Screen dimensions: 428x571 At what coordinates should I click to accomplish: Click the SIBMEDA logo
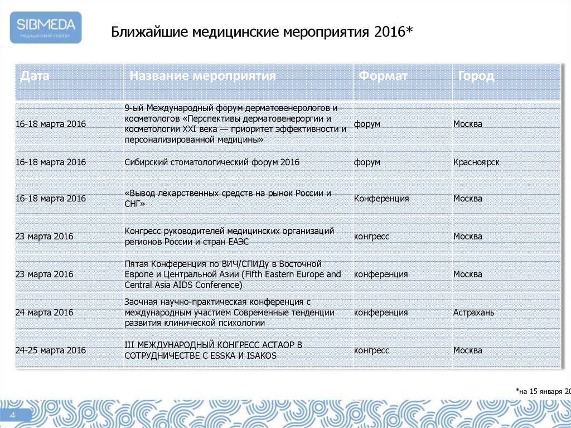click(x=46, y=27)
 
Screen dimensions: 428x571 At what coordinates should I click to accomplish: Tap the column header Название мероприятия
click(x=202, y=76)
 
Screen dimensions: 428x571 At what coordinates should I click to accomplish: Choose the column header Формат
click(x=383, y=76)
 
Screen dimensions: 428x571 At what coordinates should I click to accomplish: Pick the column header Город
click(x=476, y=76)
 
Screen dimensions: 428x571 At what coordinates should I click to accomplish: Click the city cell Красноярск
click(x=476, y=162)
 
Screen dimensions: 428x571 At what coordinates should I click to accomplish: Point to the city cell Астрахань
click(x=473, y=312)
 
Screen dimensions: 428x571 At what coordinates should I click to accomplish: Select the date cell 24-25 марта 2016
click(x=51, y=350)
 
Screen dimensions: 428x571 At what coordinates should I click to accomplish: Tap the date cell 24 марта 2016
click(x=45, y=312)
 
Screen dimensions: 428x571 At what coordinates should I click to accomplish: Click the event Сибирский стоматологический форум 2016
click(x=212, y=162)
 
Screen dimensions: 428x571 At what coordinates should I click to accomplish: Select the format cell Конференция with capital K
click(x=381, y=199)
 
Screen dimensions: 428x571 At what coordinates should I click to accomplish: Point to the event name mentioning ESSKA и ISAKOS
click(x=214, y=350)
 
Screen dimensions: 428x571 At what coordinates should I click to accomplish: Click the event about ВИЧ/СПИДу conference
click(x=233, y=275)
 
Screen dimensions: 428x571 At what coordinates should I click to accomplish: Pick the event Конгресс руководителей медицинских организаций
click(x=229, y=237)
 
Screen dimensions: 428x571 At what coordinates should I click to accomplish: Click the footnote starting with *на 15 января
click(x=543, y=392)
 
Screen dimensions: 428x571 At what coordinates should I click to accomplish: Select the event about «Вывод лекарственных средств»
click(x=228, y=199)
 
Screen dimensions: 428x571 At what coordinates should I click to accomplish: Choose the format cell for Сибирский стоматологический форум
click(x=367, y=162)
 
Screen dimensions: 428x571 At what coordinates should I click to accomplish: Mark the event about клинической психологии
click(x=229, y=312)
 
